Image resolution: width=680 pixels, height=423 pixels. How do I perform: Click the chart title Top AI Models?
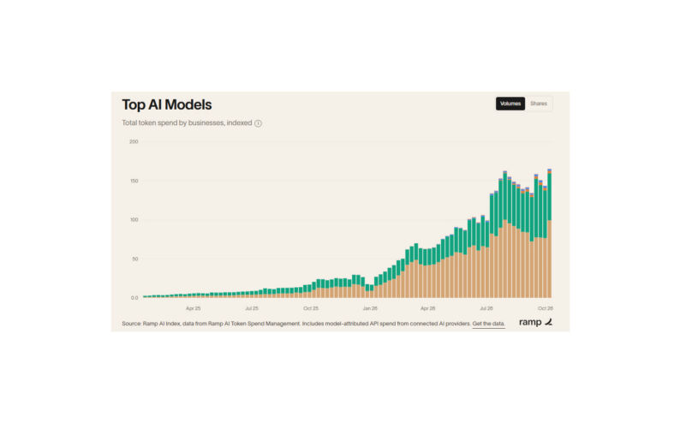[166, 104]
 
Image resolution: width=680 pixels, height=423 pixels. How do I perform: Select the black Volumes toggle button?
[510, 104]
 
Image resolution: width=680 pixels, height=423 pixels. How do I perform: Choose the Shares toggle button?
[539, 104]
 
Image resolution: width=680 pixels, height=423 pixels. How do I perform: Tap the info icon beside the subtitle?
[258, 123]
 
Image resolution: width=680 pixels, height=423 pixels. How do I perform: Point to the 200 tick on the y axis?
[134, 142]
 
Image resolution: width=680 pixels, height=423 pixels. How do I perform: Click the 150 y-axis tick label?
[134, 181]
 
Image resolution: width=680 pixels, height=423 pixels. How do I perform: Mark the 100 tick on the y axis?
[134, 220]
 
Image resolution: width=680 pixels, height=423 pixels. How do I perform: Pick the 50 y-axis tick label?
[134, 259]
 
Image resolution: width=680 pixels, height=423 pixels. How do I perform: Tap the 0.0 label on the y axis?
[134, 298]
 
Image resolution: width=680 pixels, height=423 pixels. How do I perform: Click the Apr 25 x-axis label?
[193, 308]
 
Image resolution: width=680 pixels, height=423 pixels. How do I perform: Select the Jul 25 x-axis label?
[252, 308]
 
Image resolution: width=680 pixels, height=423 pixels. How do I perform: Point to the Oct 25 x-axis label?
[311, 308]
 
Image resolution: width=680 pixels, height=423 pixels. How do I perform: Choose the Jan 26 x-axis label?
[370, 308]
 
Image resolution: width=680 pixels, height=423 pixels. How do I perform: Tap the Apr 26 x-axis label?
[427, 308]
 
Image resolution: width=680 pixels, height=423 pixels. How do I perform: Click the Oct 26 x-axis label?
[546, 308]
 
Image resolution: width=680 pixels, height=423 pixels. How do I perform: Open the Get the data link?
[488, 324]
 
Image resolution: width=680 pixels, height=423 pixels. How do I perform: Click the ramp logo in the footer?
[535, 322]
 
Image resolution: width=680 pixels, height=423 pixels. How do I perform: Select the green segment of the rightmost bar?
[550, 197]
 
